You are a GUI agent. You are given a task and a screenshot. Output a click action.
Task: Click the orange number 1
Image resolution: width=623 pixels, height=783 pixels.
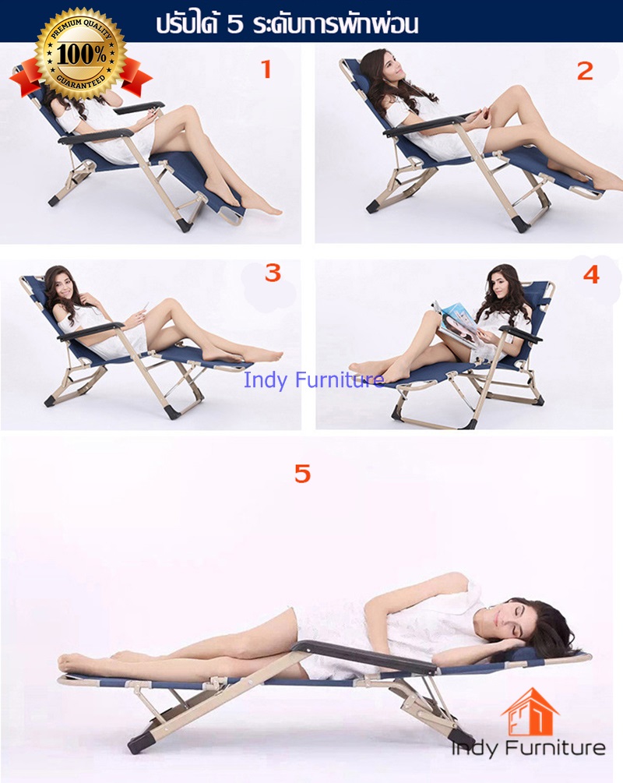pos(266,69)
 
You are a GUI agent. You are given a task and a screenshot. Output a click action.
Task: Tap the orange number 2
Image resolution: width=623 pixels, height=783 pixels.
pos(585,71)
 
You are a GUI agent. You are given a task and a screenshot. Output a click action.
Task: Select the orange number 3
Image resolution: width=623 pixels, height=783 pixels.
pos(273,273)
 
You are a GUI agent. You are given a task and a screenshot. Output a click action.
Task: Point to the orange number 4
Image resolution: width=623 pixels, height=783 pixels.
pos(591,274)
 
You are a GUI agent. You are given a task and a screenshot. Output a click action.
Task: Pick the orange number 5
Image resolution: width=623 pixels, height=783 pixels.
pos(302,474)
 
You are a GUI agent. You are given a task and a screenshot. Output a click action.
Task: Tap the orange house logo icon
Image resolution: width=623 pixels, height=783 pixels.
pos(530,712)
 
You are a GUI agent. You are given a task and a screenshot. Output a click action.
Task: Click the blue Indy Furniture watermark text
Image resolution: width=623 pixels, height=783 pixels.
pos(314,380)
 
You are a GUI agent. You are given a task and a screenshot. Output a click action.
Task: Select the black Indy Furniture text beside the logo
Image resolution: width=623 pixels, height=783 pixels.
pos(528,747)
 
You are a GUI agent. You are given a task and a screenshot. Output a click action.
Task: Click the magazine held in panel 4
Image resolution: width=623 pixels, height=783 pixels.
pos(456,325)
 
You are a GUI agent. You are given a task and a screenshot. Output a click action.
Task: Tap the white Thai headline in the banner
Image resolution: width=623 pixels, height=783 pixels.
pos(287,23)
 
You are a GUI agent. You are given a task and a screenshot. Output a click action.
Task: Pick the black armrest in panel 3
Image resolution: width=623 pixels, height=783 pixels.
pos(90,330)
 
